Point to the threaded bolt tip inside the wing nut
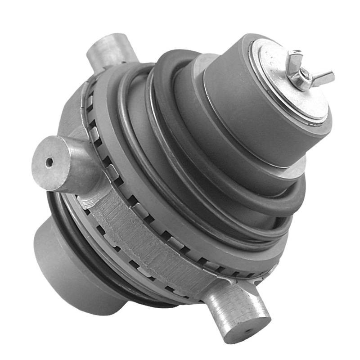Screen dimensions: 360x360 (x=303, y=72)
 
